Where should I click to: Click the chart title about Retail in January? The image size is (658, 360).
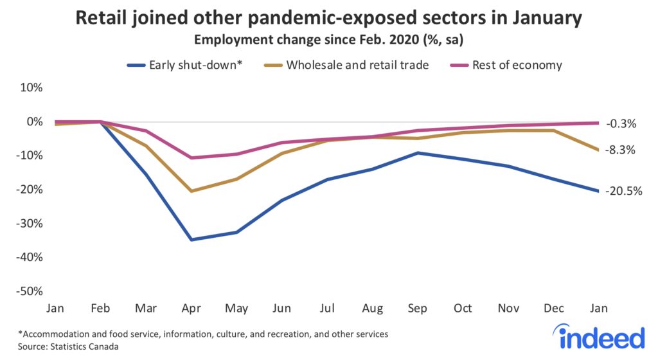(x=329, y=18)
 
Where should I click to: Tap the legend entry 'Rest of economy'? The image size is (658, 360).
(x=508, y=65)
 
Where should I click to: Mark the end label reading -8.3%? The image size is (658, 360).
(x=622, y=150)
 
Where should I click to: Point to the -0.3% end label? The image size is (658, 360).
(x=622, y=123)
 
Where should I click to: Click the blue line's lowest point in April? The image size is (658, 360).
(x=191, y=240)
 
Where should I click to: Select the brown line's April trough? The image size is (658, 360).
(x=191, y=191)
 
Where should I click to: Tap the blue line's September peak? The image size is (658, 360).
(x=419, y=153)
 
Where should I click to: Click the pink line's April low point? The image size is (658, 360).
(x=191, y=157)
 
